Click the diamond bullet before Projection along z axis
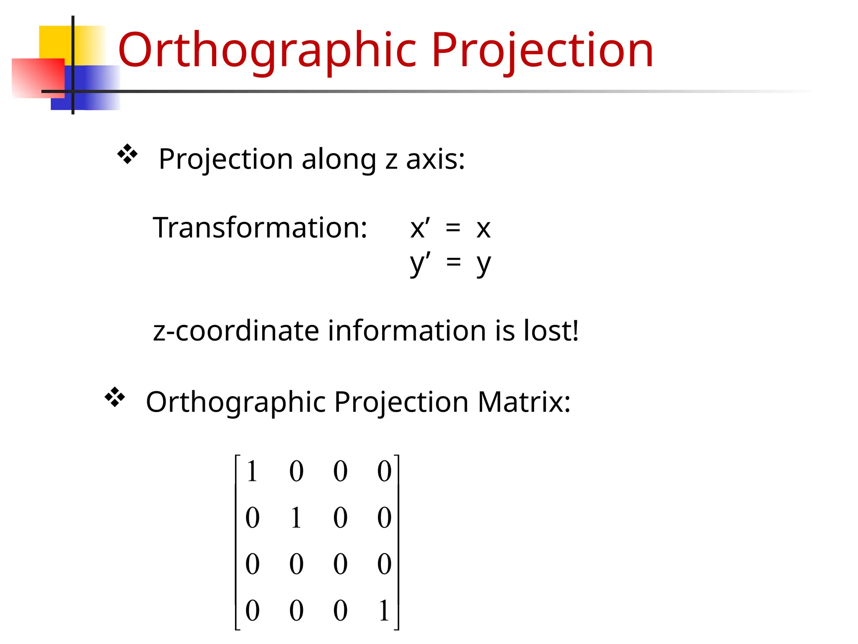(x=127, y=154)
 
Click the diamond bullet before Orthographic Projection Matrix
(x=115, y=397)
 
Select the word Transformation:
(x=260, y=228)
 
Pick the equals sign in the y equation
(x=453, y=263)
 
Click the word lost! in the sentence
(x=551, y=331)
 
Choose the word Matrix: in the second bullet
(x=524, y=402)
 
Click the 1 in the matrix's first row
(x=252, y=471)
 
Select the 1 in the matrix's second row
(x=296, y=517)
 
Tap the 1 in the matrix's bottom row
(x=384, y=610)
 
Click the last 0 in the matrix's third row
(x=384, y=564)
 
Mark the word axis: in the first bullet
(x=435, y=159)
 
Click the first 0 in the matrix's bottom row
(x=252, y=610)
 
